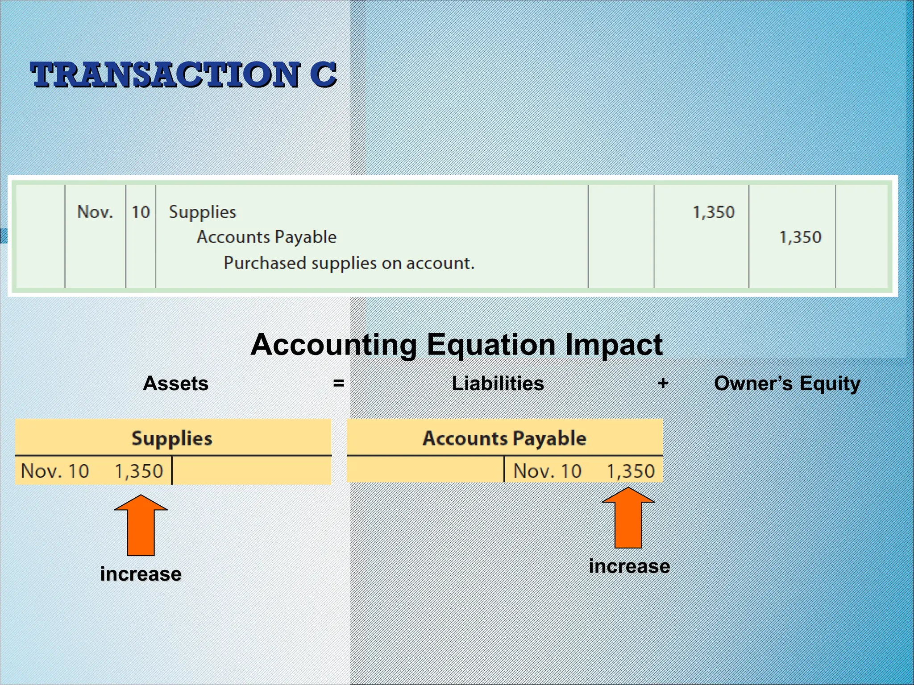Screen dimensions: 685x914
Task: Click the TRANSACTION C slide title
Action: coord(183,74)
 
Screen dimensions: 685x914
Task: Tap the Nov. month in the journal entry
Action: coord(95,212)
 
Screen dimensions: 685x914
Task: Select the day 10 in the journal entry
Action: coord(141,212)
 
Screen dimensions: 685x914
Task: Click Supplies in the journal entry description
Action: coord(203,212)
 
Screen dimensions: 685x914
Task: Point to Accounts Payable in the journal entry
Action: coord(266,237)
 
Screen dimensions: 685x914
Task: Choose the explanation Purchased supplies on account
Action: coord(349,263)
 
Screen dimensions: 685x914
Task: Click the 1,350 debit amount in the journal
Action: coord(713,212)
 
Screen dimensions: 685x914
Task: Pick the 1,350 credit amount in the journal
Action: coord(800,237)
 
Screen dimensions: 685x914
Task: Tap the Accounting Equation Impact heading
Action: coord(456,345)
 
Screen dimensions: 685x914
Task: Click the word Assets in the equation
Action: coord(175,384)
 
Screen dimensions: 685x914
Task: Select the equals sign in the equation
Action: coord(338,383)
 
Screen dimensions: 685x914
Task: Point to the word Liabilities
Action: coord(498,384)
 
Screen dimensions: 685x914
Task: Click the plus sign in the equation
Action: coord(663,383)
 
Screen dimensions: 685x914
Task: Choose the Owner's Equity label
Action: coord(787,384)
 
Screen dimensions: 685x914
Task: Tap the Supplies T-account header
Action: coord(172,438)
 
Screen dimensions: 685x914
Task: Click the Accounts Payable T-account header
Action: coord(504,438)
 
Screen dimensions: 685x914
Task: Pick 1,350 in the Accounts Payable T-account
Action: coord(631,471)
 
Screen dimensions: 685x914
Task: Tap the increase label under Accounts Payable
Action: coord(629,566)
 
